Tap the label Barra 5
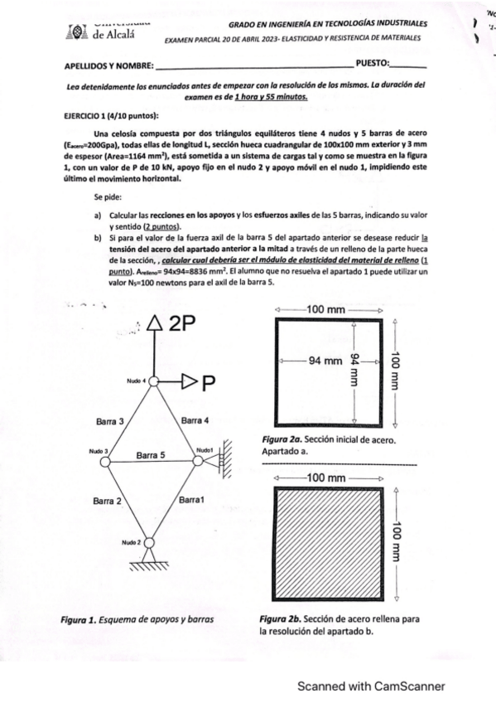151,455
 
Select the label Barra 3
109,421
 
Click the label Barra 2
108,501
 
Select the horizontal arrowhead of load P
189,382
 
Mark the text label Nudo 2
132,541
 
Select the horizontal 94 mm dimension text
325,361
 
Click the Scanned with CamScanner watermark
371,686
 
